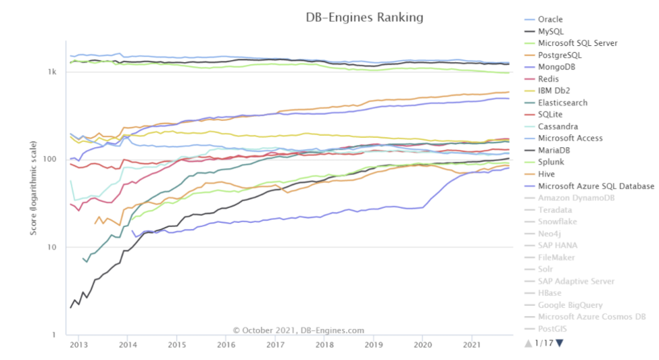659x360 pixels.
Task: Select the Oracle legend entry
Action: click(x=550, y=20)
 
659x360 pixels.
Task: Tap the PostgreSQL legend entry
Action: click(x=559, y=55)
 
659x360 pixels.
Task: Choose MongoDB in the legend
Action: click(x=557, y=67)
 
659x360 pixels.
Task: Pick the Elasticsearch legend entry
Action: click(x=562, y=103)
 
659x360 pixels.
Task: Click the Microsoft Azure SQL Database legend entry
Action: click(x=595, y=186)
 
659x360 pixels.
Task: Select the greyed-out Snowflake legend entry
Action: click(x=558, y=222)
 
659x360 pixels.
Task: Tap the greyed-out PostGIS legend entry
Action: click(x=553, y=328)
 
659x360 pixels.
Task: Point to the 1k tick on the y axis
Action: click(x=52, y=72)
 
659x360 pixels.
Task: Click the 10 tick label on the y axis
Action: click(x=51, y=247)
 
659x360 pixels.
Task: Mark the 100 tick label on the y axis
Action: click(x=50, y=159)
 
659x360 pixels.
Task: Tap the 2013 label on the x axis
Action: click(x=78, y=344)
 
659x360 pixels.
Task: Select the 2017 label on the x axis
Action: click(x=274, y=344)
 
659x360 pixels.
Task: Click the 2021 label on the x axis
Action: click(x=470, y=344)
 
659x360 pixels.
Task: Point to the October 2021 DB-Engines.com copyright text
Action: click(x=299, y=330)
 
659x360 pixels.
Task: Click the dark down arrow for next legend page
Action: click(x=559, y=343)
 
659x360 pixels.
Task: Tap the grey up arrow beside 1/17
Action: click(x=528, y=343)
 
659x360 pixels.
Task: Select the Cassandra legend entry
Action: click(x=558, y=126)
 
